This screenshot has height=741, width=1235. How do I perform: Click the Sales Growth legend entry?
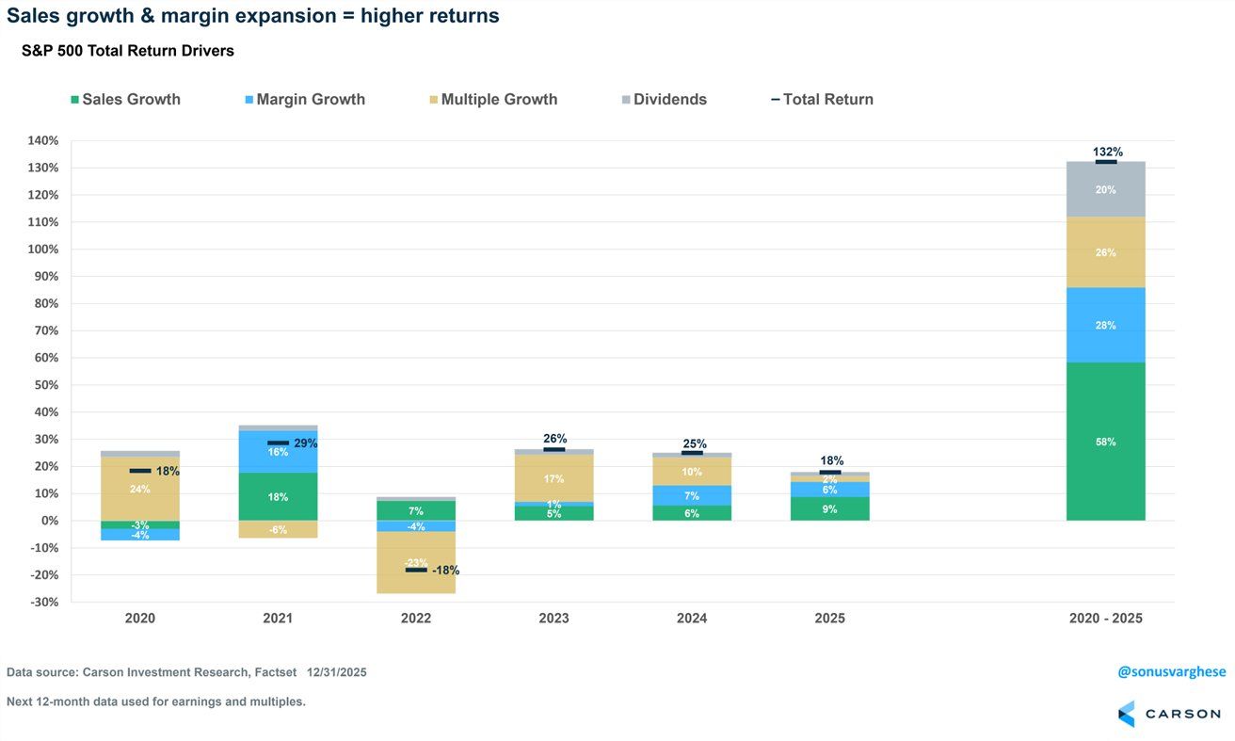(x=125, y=100)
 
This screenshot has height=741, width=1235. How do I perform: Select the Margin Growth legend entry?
(x=303, y=100)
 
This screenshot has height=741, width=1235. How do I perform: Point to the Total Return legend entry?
(x=822, y=100)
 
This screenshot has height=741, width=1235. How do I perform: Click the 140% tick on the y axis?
(x=43, y=141)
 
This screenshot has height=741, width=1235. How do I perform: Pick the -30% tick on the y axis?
(x=43, y=602)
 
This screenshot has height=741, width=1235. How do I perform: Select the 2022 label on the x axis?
(x=416, y=619)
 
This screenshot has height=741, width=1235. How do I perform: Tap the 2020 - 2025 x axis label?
(x=1106, y=619)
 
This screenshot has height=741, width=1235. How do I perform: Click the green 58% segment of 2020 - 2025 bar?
(x=1106, y=442)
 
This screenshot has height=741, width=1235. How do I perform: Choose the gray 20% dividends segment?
(x=1106, y=189)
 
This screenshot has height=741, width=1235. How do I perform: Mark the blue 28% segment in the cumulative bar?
(x=1106, y=325)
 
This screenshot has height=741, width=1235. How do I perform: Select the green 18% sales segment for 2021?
(x=278, y=496)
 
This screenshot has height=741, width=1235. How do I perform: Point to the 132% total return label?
(x=1107, y=152)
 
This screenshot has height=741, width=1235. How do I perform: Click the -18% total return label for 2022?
(x=445, y=571)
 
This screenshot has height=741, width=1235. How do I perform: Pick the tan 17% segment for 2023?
(x=554, y=478)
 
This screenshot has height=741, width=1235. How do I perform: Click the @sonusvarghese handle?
(x=1171, y=671)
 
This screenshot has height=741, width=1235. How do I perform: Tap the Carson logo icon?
(x=1127, y=714)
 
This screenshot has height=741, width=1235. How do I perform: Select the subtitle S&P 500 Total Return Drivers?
(x=128, y=52)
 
